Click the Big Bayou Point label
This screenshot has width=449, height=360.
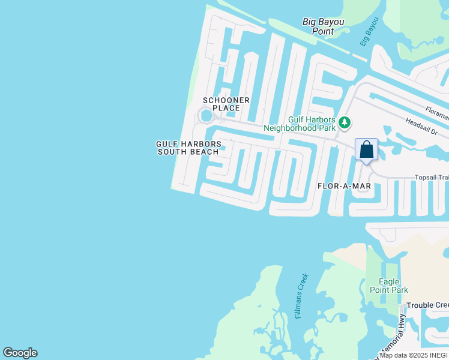coord(324,26)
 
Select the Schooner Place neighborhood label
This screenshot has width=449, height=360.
coord(226,104)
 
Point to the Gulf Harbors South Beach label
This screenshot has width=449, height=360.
coord(188,148)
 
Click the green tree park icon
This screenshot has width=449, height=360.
coord(344,123)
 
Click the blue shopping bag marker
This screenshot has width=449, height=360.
coord(366,150)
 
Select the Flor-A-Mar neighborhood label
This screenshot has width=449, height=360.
coord(344,186)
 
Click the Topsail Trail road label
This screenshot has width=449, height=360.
coord(432,178)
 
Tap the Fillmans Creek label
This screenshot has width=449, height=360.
coord(303,296)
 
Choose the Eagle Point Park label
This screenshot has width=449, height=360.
coord(393,286)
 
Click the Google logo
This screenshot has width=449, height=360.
coord(20,353)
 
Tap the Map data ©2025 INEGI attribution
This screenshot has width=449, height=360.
coord(414,355)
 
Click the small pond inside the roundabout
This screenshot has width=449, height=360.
coord(206,115)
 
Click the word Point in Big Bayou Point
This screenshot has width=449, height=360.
coord(324,31)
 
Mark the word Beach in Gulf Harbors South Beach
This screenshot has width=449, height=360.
coord(205,152)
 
